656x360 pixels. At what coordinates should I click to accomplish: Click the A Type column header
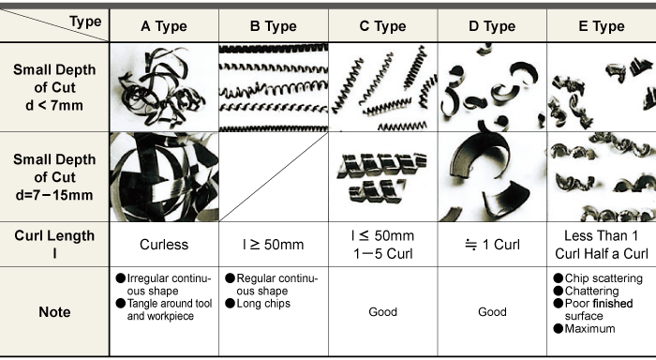click(x=164, y=26)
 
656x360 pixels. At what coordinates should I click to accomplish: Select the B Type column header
click(x=274, y=26)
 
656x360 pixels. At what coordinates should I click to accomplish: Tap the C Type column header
click(x=382, y=26)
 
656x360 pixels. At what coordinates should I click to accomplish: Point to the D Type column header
click(x=492, y=26)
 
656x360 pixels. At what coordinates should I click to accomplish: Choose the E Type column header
click(x=602, y=26)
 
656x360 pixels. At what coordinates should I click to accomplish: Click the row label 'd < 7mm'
click(x=54, y=106)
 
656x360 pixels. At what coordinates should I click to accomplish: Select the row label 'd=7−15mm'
click(x=54, y=195)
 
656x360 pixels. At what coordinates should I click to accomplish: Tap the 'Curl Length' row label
click(x=54, y=235)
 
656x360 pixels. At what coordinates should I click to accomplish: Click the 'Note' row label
click(x=54, y=312)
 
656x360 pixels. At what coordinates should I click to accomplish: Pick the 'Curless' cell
click(x=164, y=245)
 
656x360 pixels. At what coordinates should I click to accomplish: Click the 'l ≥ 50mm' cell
click(x=274, y=245)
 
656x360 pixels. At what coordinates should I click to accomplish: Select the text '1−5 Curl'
click(x=382, y=254)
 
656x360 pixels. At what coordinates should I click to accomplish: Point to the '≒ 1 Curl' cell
click(x=492, y=245)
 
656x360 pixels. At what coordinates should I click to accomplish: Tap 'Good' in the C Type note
click(x=382, y=312)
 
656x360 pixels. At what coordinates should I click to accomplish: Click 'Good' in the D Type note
click(x=492, y=312)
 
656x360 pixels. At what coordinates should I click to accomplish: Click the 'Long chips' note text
click(x=263, y=304)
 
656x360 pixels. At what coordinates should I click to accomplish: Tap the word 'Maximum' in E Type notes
click(x=589, y=329)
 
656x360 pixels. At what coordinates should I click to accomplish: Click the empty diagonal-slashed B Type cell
click(x=274, y=177)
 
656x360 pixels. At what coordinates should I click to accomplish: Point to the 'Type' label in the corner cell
click(x=85, y=22)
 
